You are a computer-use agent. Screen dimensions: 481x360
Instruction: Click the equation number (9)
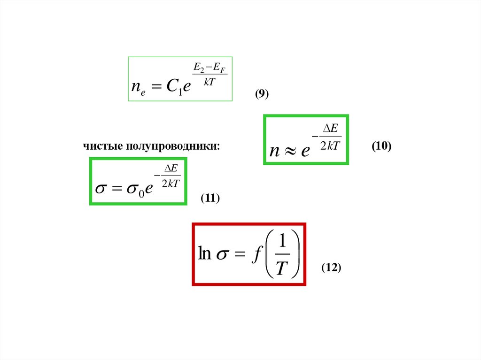point(262,94)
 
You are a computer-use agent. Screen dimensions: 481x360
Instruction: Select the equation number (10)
point(381,146)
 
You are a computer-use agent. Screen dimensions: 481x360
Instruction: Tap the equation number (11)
point(210,198)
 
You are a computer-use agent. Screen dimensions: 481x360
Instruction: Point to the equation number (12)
point(331,268)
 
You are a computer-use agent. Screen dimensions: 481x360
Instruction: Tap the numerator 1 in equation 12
point(282,242)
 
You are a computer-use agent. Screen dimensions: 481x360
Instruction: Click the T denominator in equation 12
point(281,268)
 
